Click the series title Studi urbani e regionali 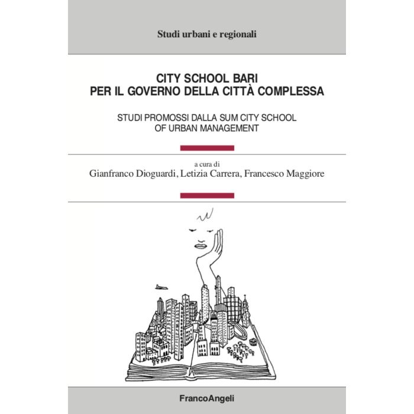coord(207,34)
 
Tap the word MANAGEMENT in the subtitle coord(227,129)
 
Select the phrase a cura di coord(206,163)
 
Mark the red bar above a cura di coord(206,147)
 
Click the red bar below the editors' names coord(206,195)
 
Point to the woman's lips coord(202,245)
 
